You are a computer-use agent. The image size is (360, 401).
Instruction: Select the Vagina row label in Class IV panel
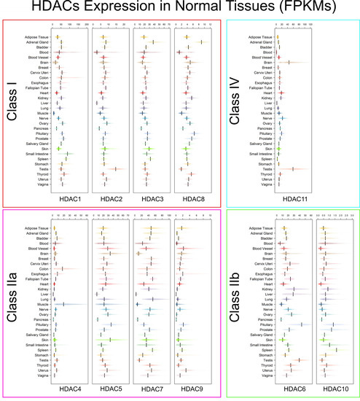pyautogui.click(x=267, y=184)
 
